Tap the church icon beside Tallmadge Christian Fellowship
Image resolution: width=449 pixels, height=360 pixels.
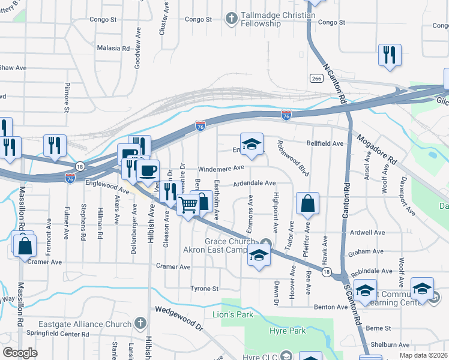(231, 19)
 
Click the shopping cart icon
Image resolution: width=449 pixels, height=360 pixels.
(188, 206)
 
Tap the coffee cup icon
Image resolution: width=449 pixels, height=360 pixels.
(148, 170)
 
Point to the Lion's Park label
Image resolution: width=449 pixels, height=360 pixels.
(233, 314)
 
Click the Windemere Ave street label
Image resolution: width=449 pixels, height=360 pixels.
(221, 168)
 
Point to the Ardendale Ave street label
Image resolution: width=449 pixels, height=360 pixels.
(254, 183)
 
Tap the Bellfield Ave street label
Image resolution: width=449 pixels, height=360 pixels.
(325, 144)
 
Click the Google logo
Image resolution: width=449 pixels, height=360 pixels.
(20, 352)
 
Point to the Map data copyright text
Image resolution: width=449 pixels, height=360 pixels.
(423, 355)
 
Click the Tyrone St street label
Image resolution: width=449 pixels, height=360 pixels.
(204, 289)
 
